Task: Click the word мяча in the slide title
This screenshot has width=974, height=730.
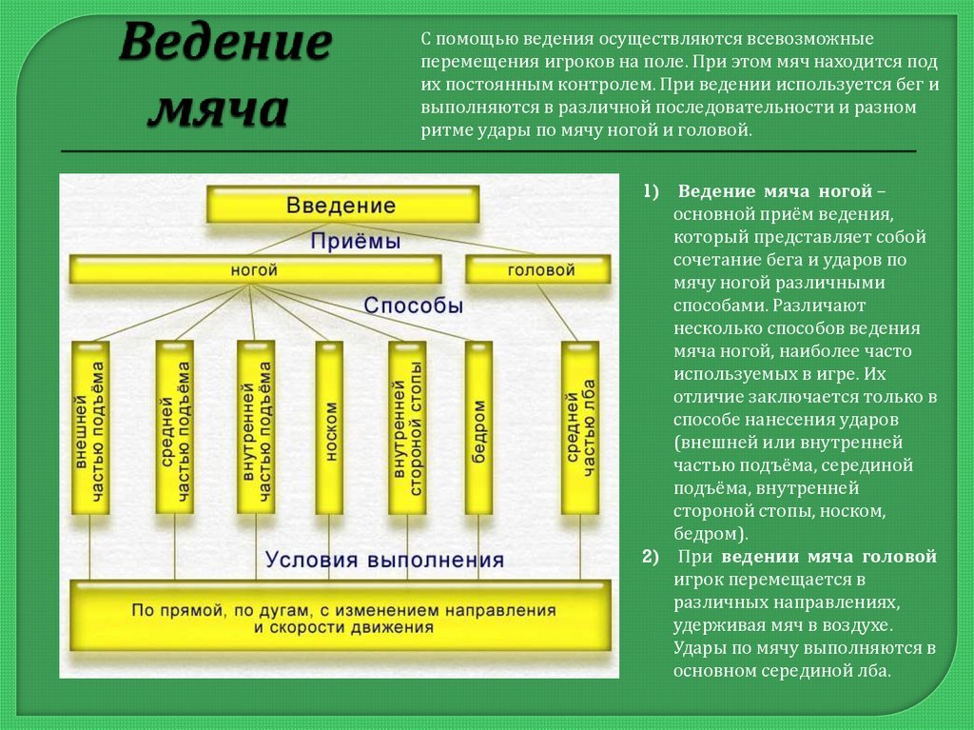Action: click(x=219, y=109)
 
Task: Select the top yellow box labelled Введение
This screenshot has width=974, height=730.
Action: click(x=342, y=205)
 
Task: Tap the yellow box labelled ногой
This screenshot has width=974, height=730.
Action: click(x=255, y=270)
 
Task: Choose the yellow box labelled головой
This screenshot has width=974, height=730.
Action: click(x=539, y=270)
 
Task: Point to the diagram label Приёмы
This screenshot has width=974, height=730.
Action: click(x=355, y=242)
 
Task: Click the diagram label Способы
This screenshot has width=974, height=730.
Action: click(x=413, y=306)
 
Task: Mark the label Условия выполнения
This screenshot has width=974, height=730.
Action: click(x=384, y=559)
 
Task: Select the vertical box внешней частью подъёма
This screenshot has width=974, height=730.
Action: click(x=90, y=428)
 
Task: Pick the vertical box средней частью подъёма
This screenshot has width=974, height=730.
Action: click(x=174, y=426)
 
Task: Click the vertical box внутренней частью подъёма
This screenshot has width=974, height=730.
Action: click(x=256, y=426)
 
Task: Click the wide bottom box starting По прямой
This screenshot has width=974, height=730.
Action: click(x=340, y=617)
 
